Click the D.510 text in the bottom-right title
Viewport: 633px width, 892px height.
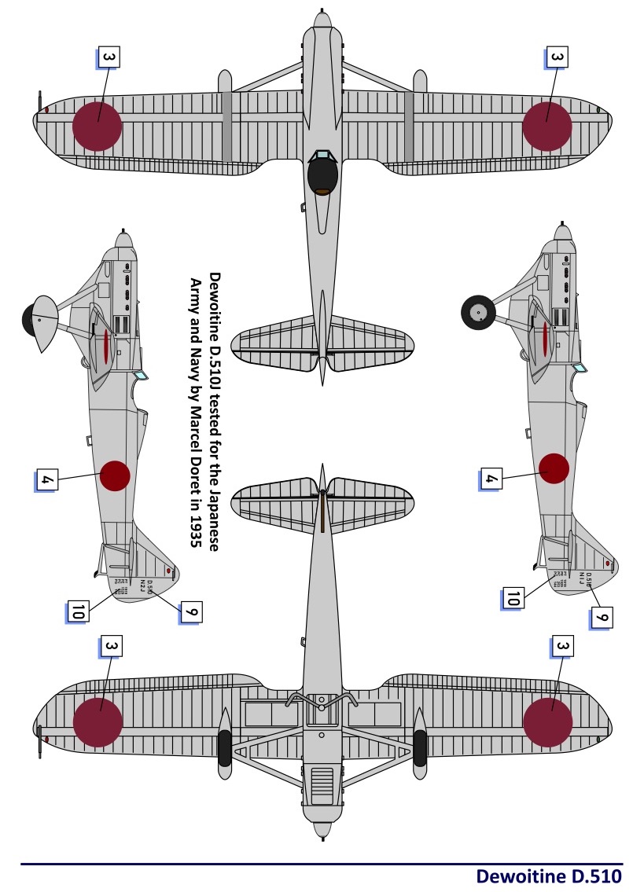(598, 876)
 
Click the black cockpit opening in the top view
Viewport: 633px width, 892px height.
(322, 176)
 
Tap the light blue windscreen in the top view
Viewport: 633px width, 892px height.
(322, 156)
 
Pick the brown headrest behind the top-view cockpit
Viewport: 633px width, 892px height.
(322, 193)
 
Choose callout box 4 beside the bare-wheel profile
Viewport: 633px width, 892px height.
(491, 477)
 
